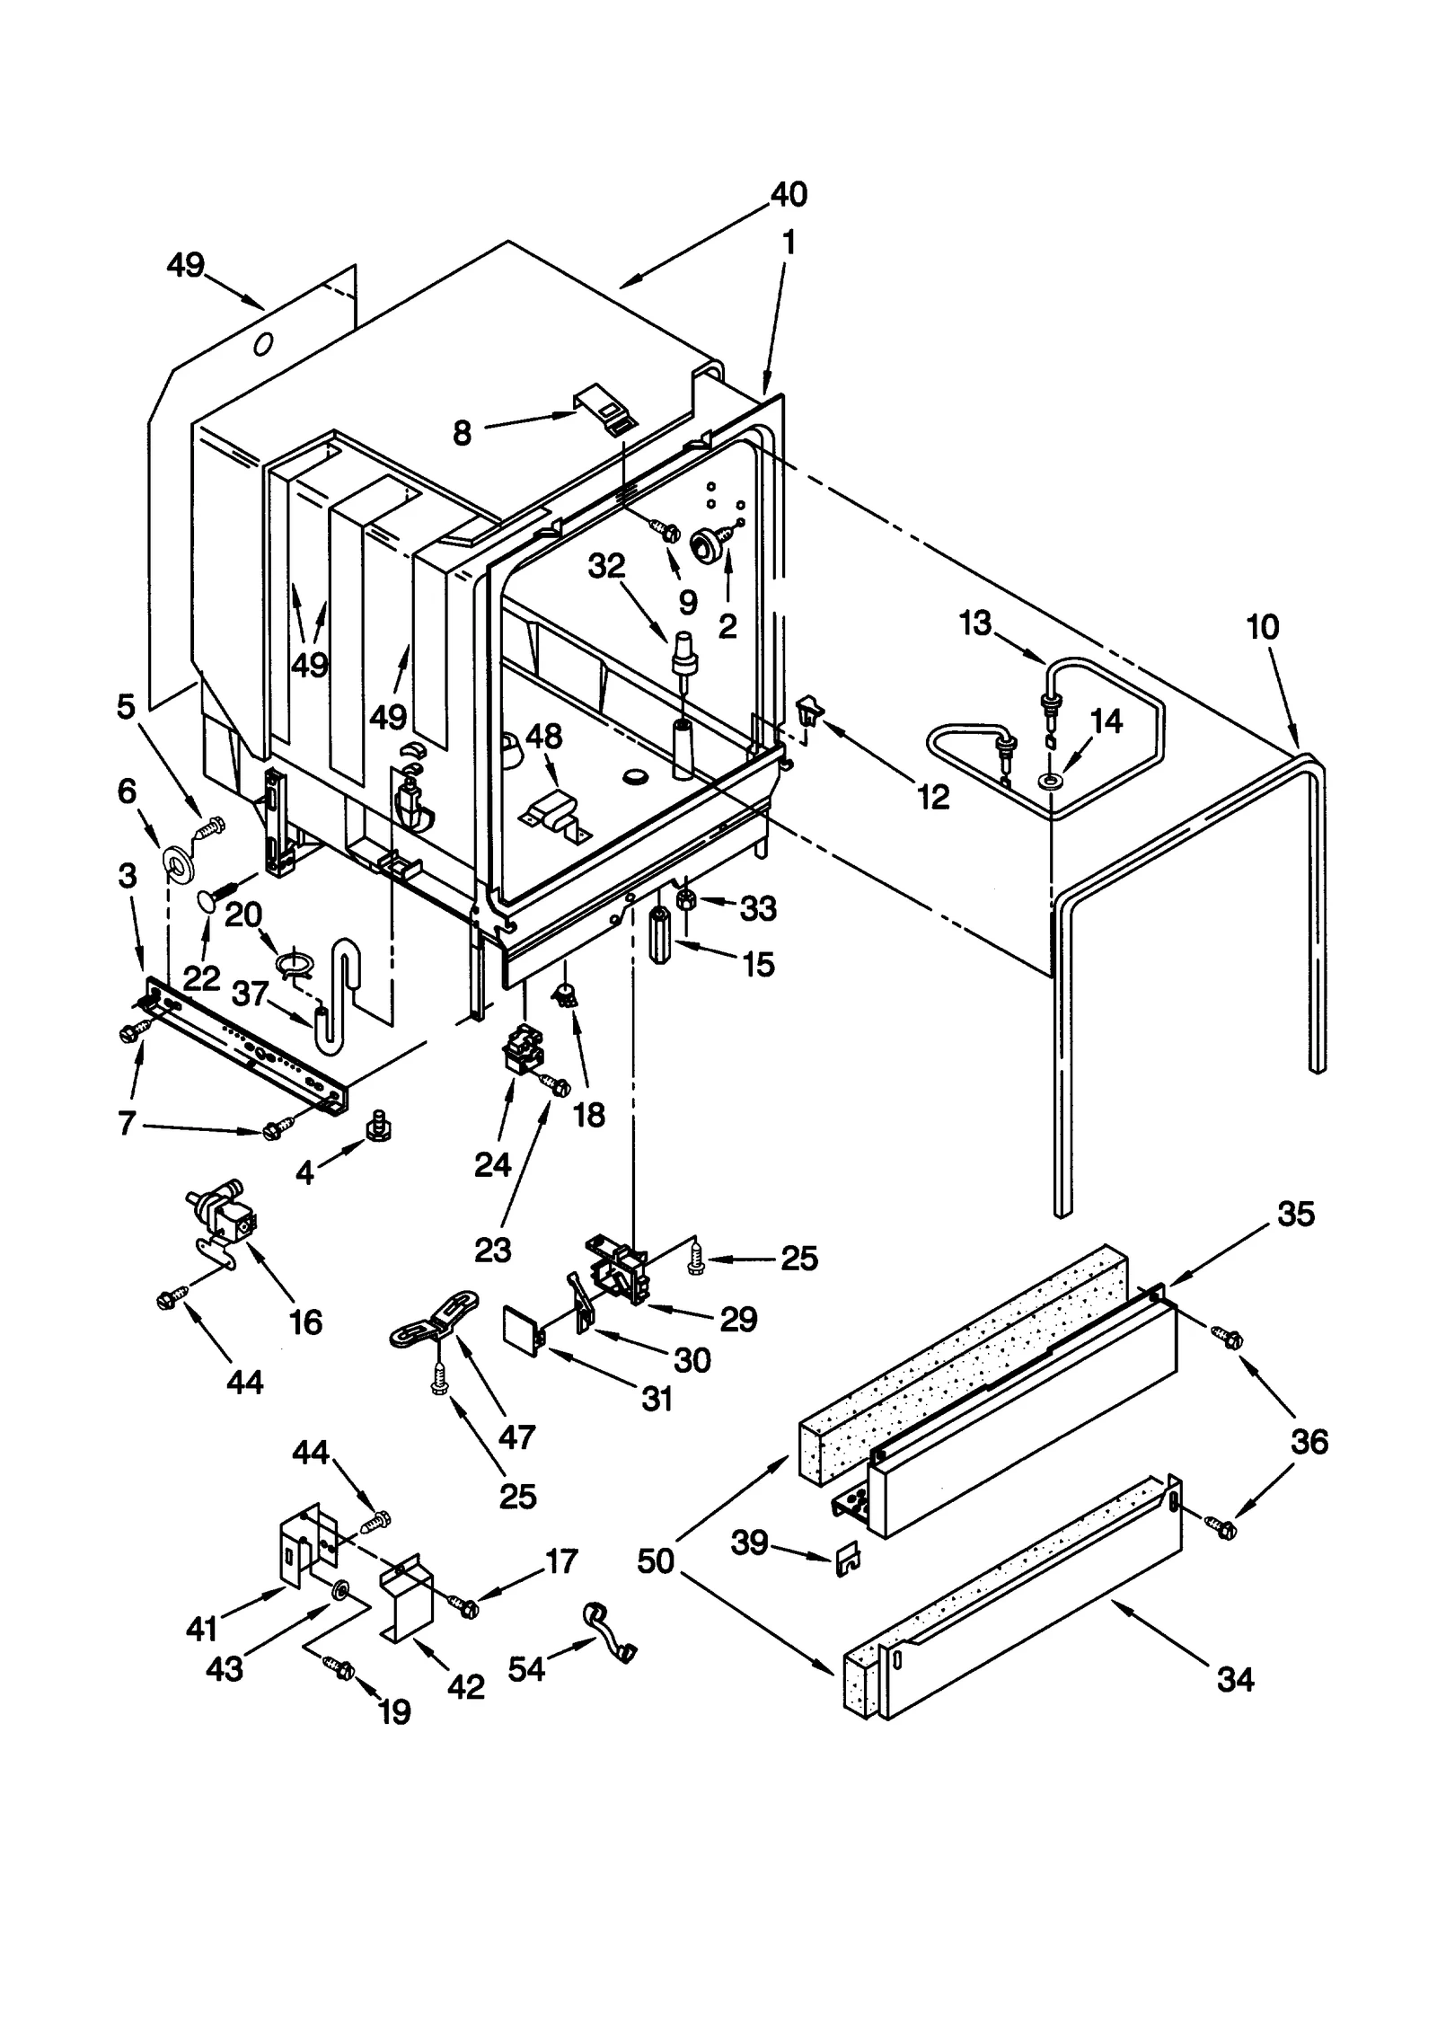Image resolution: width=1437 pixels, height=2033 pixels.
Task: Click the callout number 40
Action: click(x=789, y=194)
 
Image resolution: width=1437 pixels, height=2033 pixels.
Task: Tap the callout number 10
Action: click(x=1262, y=627)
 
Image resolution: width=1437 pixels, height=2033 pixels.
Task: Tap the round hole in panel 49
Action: click(x=263, y=344)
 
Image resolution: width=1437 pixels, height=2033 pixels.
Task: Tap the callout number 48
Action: click(x=543, y=737)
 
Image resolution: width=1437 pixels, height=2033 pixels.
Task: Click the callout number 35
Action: click(x=1295, y=1215)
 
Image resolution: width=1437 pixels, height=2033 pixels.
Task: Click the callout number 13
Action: click(x=974, y=623)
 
